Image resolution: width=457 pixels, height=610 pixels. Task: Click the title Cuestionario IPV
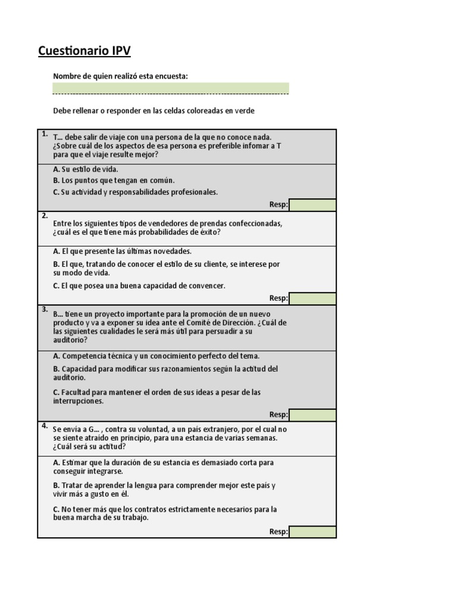tap(84, 51)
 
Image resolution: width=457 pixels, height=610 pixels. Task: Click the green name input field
tap(171, 88)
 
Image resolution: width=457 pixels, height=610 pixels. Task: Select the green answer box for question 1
tap(312, 205)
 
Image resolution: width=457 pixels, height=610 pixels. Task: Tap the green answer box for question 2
tap(312, 298)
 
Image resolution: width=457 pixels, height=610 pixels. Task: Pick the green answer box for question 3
tap(312, 415)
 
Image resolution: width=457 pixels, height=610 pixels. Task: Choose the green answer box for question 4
tap(312, 531)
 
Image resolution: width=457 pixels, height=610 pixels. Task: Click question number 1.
tap(44, 133)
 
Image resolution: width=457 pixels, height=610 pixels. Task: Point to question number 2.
tap(44, 216)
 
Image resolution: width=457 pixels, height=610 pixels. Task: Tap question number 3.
tap(44, 309)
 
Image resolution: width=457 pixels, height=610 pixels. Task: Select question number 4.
tap(44, 425)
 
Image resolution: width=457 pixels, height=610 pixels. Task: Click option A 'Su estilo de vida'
tap(86, 169)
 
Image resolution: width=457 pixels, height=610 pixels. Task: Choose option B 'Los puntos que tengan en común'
tap(114, 180)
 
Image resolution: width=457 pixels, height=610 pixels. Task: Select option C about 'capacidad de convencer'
tap(139, 286)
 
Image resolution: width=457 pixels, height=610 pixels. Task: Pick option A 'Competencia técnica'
tap(156, 356)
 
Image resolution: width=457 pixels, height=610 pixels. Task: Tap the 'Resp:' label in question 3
tap(278, 415)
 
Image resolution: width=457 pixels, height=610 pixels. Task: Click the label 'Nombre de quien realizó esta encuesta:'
tap(121, 76)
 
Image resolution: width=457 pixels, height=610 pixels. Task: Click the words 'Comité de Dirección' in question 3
tap(228, 322)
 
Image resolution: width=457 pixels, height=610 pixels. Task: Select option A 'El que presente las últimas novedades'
tap(122, 251)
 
